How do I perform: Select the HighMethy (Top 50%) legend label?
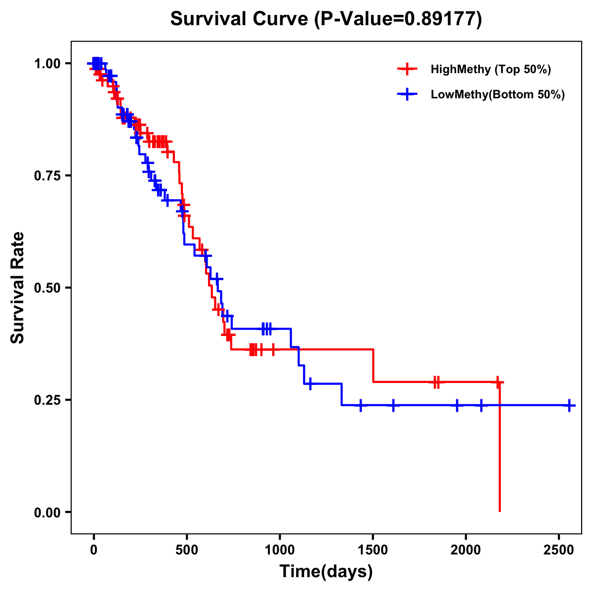tap(490, 69)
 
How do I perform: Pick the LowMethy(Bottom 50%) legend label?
tap(498, 94)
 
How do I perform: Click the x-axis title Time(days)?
tap(326, 571)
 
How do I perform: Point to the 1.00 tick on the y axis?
tap(47, 64)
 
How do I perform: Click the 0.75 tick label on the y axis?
tap(47, 176)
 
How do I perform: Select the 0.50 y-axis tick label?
tap(47, 288)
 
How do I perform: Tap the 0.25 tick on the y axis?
tap(47, 400)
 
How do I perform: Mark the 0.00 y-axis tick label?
tap(47, 512)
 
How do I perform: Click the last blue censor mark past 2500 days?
tap(569, 405)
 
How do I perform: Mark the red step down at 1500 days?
tap(373, 366)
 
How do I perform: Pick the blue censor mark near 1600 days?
tap(393, 405)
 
